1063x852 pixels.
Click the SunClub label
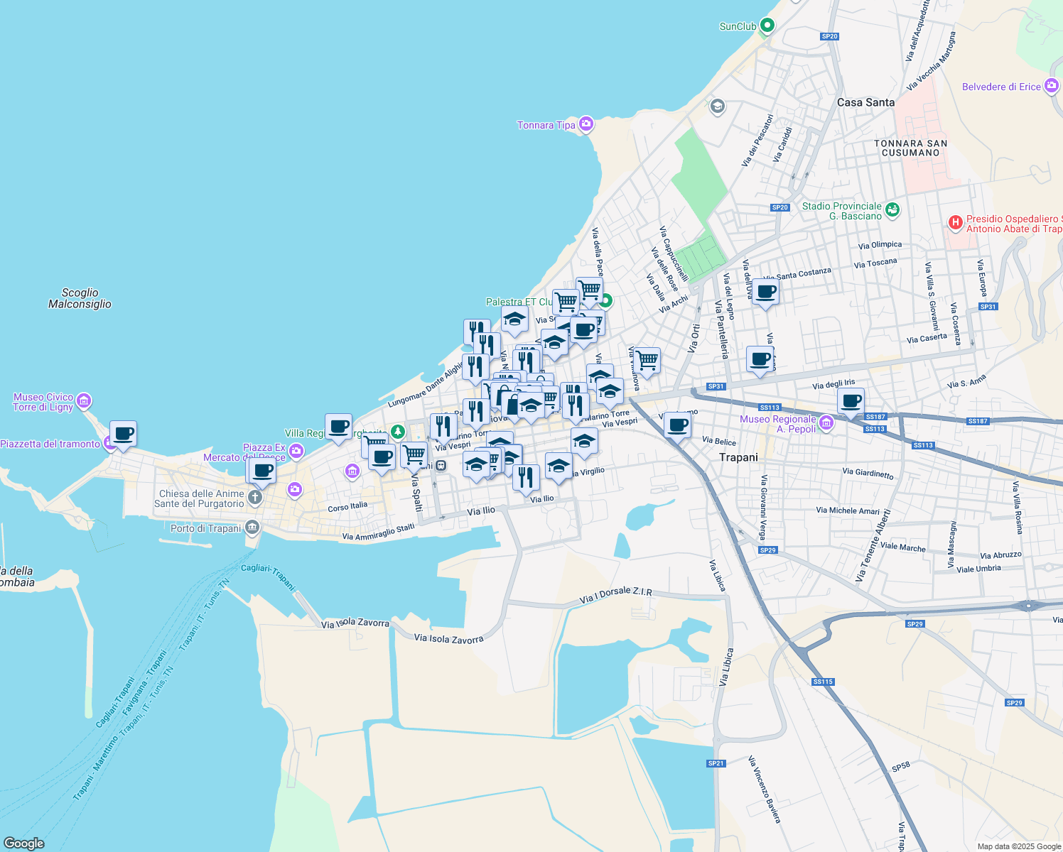pyautogui.click(x=738, y=26)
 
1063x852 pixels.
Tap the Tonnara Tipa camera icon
pyautogui.click(x=586, y=125)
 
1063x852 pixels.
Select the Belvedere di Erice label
pyautogui.click(x=1000, y=87)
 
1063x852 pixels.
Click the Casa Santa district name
pyautogui.click(x=865, y=102)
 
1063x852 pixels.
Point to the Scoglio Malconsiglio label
pyautogui.click(x=80, y=298)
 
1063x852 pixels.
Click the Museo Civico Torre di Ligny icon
pyautogui.click(x=84, y=401)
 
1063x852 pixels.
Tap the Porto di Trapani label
pyautogui.click(x=206, y=528)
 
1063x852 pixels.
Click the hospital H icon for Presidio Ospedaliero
pyautogui.click(x=956, y=223)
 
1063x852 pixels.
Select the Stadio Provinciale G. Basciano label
pyautogui.click(x=842, y=211)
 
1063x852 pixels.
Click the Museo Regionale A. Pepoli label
pyautogui.click(x=779, y=424)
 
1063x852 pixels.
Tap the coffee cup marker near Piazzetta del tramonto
pyautogui.click(x=124, y=433)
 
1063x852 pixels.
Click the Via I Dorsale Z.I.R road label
pyautogui.click(x=615, y=595)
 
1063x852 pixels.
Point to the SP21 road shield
pyautogui.click(x=716, y=763)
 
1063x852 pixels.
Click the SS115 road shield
pyautogui.click(x=823, y=682)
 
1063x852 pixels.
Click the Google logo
pyautogui.click(x=24, y=843)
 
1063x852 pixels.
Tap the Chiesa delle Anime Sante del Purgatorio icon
pyautogui.click(x=254, y=498)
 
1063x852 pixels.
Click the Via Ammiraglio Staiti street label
pyautogui.click(x=378, y=532)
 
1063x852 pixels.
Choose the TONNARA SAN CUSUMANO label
pyautogui.click(x=910, y=148)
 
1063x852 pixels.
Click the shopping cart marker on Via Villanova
pyautogui.click(x=647, y=360)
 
